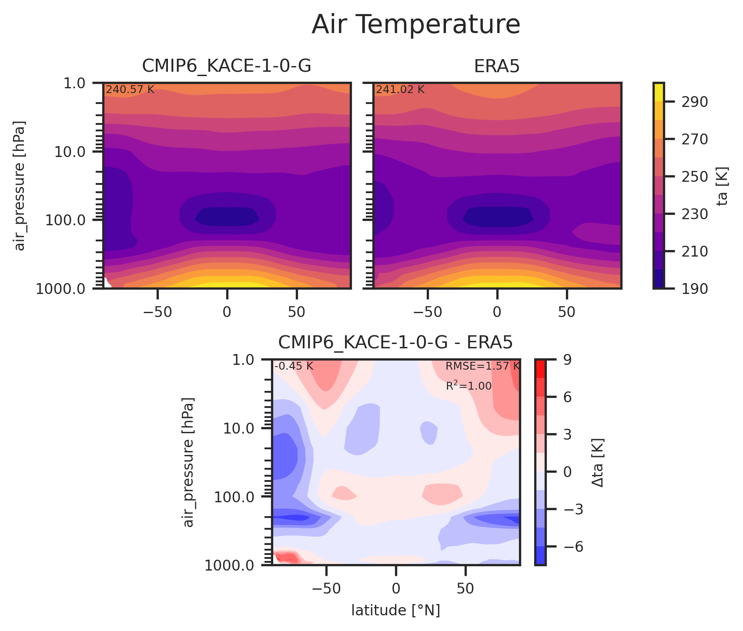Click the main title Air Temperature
pyautogui.click(x=416, y=25)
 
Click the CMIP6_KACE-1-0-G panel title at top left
pyautogui.click(x=226, y=67)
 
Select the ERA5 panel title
pyautogui.click(x=497, y=67)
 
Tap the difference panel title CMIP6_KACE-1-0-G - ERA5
pyautogui.click(x=395, y=343)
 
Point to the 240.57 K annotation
pyautogui.click(x=130, y=90)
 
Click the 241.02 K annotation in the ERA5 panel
pyautogui.click(x=400, y=90)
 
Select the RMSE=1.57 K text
pyautogui.click(x=482, y=367)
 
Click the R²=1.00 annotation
pyautogui.click(x=469, y=386)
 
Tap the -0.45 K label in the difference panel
pyautogui.click(x=294, y=367)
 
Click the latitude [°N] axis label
pyautogui.click(x=395, y=611)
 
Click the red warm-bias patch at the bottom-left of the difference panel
pyautogui.click(x=287, y=558)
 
